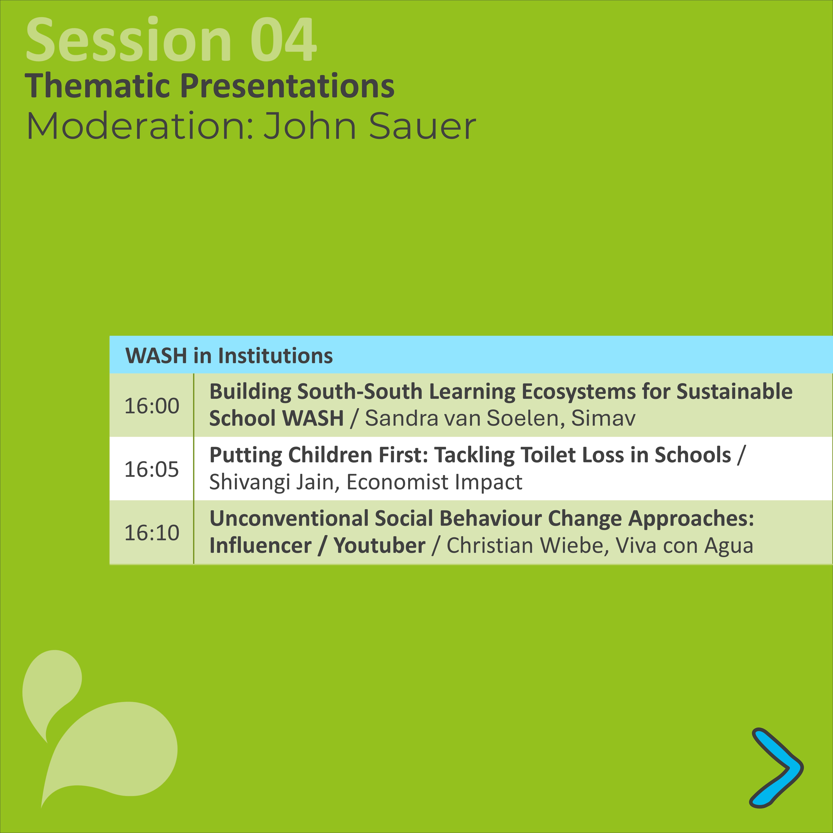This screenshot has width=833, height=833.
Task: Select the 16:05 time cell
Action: click(x=152, y=469)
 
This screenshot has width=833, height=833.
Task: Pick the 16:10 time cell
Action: click(x=152, y=532)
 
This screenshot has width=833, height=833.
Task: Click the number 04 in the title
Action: click(x=284, y=40)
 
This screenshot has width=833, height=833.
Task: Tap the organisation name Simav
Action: click(x=604, y=418)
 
